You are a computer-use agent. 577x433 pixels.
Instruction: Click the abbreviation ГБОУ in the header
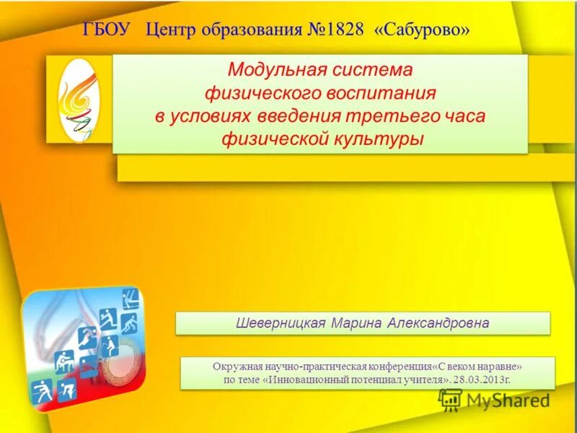coord(109,30)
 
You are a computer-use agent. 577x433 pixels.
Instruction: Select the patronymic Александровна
coord(438,323)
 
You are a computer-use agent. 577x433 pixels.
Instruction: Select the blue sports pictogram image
coord(82,349)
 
